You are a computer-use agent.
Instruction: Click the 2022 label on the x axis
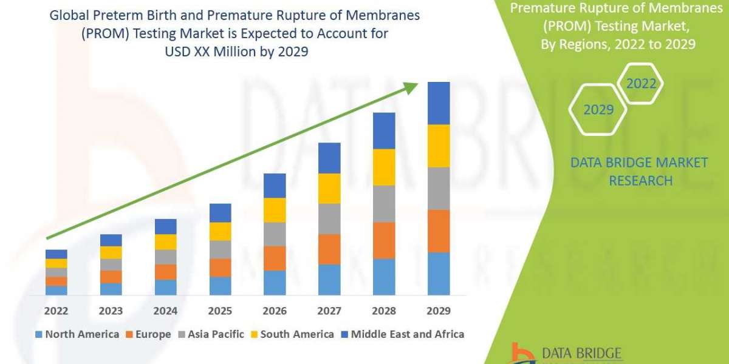tap(56, 311)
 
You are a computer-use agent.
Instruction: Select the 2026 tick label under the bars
tap(275, 311)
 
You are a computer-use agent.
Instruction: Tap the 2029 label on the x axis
tap(439, 311)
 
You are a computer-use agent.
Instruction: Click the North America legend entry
tap(77, 334)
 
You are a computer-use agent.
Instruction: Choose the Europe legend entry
tap(149, 334)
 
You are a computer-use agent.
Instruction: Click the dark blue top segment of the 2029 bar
tap(439, 103)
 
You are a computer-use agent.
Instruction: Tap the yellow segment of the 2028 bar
tap(384, 167)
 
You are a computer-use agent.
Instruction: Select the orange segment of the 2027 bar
tap(329, 249)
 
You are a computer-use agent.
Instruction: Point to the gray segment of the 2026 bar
tap(275, 234)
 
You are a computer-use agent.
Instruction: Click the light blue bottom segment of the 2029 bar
tap(439, 274)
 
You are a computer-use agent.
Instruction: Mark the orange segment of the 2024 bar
tap(165, 272)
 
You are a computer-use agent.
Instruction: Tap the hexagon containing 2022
tap(642, 84)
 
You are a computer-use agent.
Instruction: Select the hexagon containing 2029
tap(598, 110)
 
